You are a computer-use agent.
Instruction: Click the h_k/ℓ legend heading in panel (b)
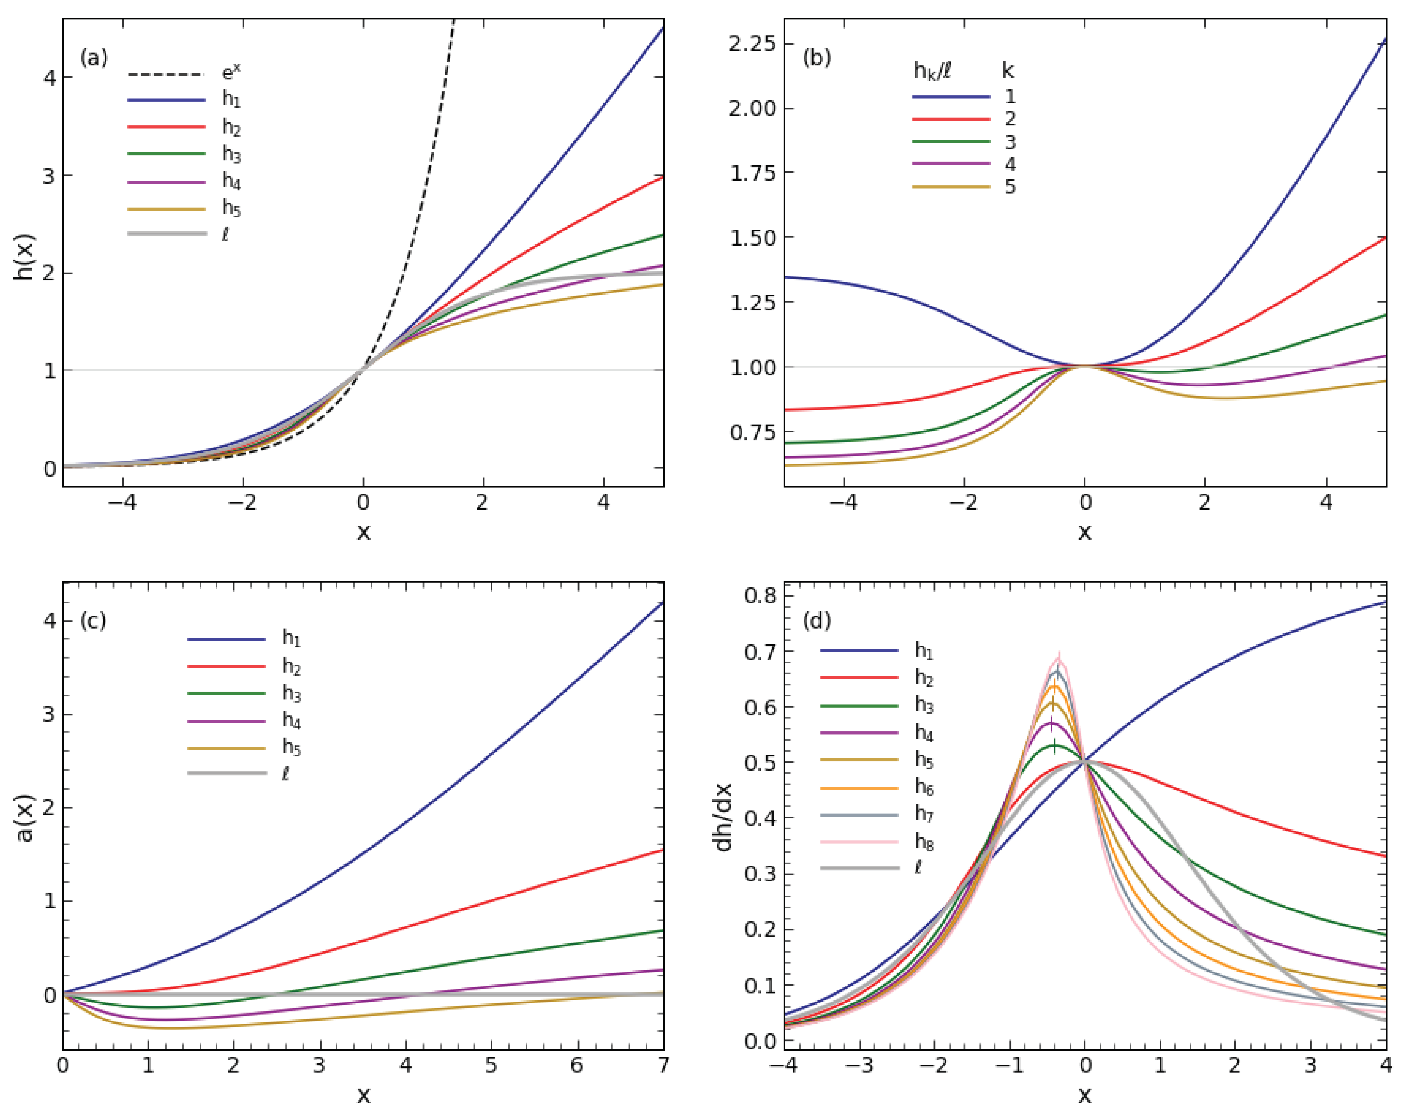click(x=932, y=70)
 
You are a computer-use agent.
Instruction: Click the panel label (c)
click(x=93, y=620)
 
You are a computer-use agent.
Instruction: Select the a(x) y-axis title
click(x=24, y=818)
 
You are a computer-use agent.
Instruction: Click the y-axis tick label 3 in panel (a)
click(x=49, y=176)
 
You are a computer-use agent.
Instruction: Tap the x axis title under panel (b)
click(x=1084, y=532)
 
